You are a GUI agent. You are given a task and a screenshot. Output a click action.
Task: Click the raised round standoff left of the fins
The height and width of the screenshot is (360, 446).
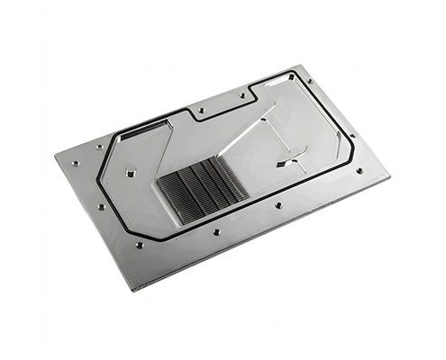click(x=132, y=170)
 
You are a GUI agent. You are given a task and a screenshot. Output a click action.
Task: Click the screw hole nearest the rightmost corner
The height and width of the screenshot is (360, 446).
click(x=360, y=170)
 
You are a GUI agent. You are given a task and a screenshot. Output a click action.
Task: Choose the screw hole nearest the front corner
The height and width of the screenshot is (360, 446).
click(x=139, y=246)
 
